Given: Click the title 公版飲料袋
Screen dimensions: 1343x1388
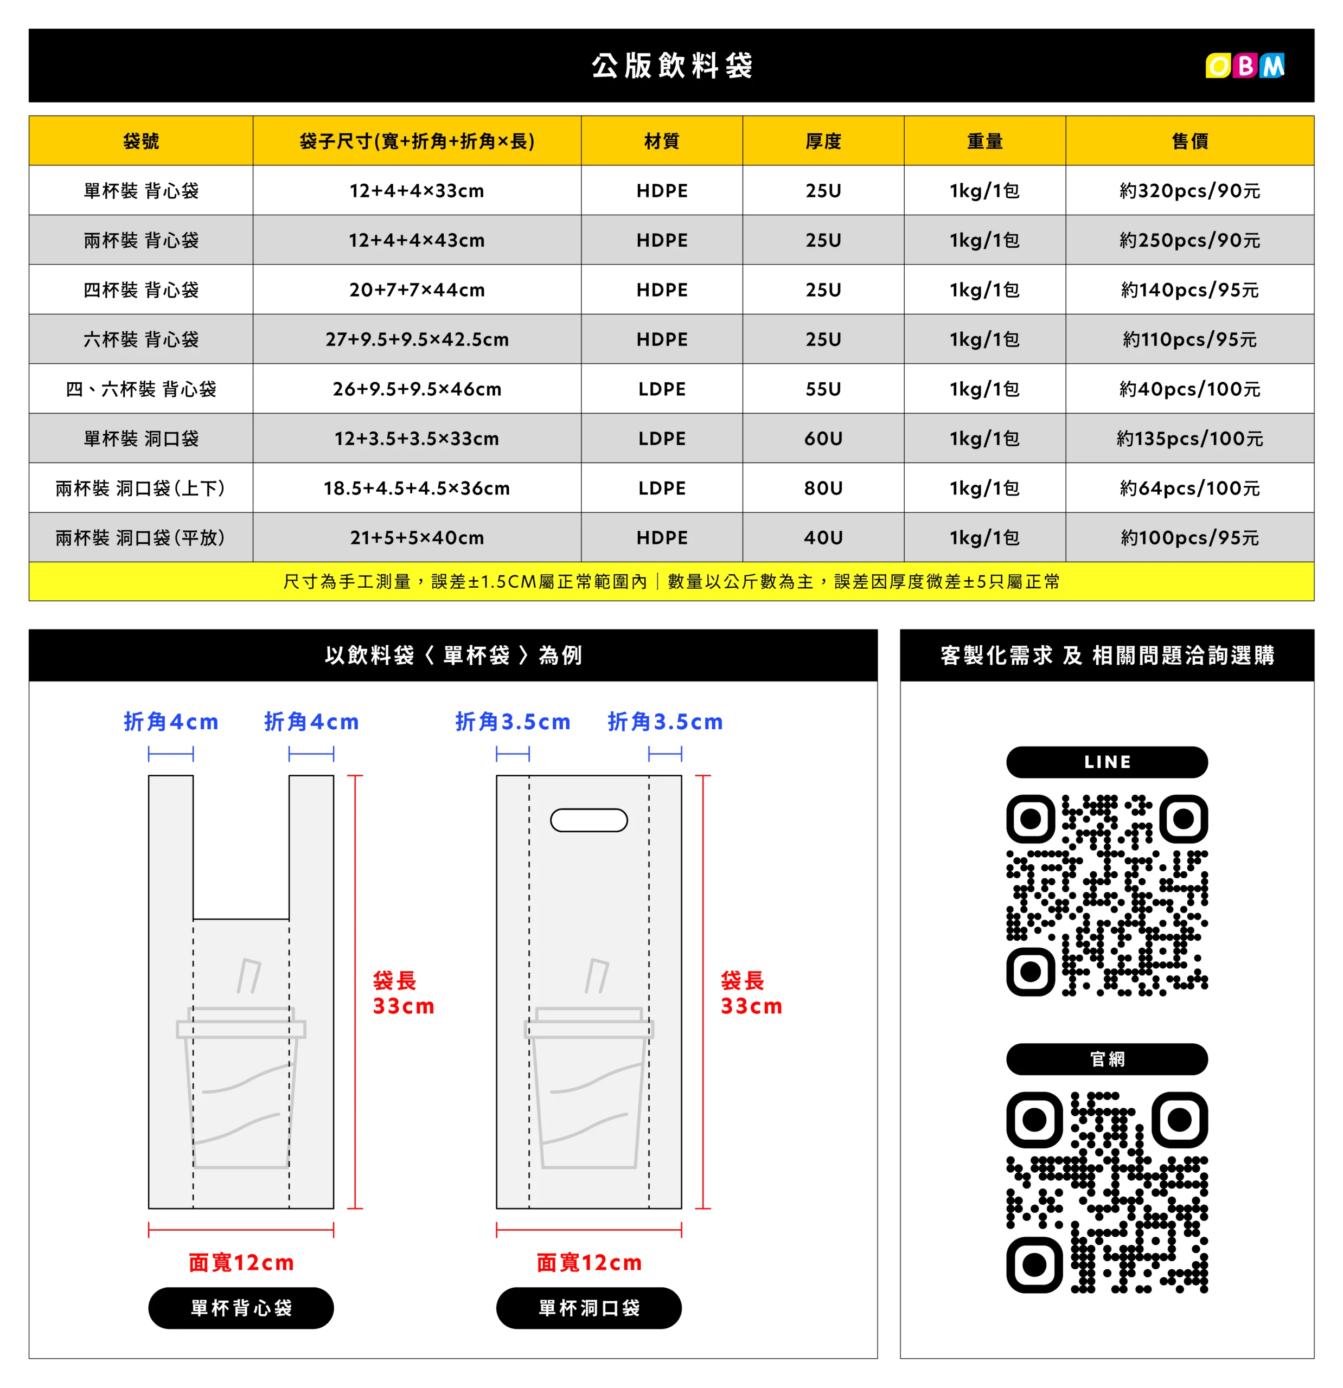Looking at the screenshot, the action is tap(671, 66).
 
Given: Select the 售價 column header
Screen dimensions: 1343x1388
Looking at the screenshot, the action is tap(1189, 141).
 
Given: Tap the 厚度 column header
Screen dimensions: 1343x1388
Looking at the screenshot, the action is tap(823, 141).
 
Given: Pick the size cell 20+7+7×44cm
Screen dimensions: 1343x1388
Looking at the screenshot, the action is tap(417, 290).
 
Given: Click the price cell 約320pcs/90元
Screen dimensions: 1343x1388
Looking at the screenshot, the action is tap(1189, 190).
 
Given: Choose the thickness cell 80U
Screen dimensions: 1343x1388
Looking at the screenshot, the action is tap(823, 488).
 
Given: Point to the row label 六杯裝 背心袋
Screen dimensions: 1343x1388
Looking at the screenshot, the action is tap(141, 339).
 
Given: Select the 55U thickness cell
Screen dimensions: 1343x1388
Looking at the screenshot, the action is tap(823, 389).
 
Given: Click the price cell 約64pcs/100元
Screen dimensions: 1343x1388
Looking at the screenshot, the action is tap(1189, 488).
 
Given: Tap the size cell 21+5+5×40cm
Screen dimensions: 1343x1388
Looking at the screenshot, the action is tap(417, 537).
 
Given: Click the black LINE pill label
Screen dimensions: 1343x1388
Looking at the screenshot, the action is tap(1107, 762).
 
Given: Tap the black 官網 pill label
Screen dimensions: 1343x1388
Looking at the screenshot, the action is tap(1107, 1059).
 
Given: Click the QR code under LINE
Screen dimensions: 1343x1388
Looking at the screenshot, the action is tap(1107, 895).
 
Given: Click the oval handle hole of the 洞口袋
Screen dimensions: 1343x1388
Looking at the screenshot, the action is tap(589, 820).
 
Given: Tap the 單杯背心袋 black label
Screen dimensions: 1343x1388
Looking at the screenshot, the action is tap(241, 1307).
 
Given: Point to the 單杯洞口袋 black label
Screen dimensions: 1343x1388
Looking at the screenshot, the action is tap(589, 1307).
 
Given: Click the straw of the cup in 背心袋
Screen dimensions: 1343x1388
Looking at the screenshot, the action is tap(248, 976).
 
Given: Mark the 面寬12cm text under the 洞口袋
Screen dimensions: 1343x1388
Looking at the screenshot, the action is tap(589, 1262).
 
